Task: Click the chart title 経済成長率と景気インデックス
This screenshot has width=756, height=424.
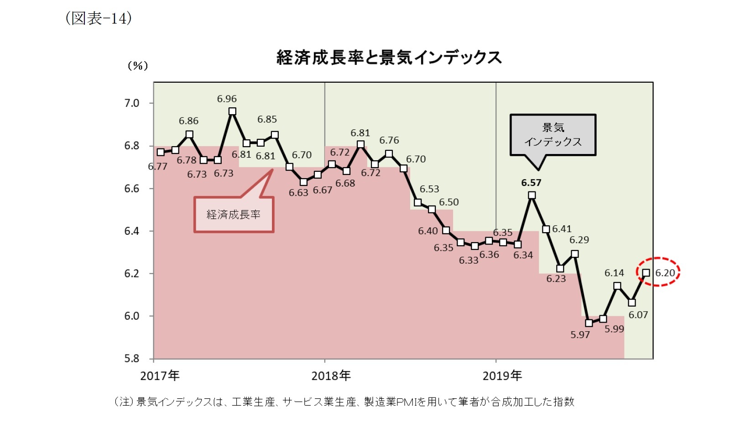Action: pyautogui.click(x=389, y=58)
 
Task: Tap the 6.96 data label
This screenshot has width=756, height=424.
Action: pyautogui.click(x=227, y=99)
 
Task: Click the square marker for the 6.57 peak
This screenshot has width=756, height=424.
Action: pyautogui.click(x=532, y=195)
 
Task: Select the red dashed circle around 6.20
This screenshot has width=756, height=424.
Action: pyautogui.click(x=658, y=272)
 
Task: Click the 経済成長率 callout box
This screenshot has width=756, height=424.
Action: pyautogui.click(x=234, y=215)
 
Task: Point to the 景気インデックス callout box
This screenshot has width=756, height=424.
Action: pyautogui.click(x=553, y=135)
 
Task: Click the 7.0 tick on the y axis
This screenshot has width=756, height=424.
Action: pyautogui.click(x=132, y=103)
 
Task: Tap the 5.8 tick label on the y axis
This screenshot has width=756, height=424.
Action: pyautogui.click(x=132, y=359)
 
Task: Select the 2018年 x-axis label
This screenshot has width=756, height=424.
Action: pyautogui.click(x=331, y=376)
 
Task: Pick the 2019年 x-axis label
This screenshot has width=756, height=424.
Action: pyautogui.click(x=502, y=376)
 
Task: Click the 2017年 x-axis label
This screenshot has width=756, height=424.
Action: pyautogui.click(x=160, y=376)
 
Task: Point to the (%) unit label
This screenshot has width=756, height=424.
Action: pyautogui.click(x=138, y=66)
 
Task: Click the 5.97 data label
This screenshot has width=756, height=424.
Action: pyautogui.click(x=580, y=335)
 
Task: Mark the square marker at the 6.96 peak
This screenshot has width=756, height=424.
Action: pyautogui.click(x=232, y=111)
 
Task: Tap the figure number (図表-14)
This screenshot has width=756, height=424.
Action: pyautogui.click(x=99, y=18)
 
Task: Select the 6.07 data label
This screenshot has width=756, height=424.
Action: pyautogui.click(x=638, y=315)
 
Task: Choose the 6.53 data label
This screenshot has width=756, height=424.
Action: pyautogui.click(x=429, y=189)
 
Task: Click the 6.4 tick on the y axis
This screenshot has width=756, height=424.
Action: pyautogui.click(x=132, y=231)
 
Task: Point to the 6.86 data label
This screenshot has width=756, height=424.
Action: pyautogui.click(x=188, y=121)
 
